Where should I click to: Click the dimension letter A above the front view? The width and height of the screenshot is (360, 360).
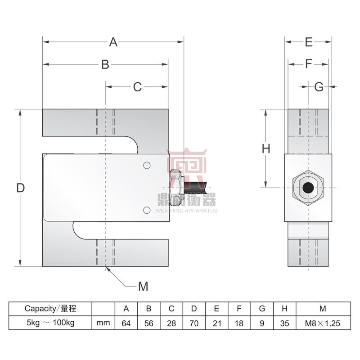[x=113, y=42]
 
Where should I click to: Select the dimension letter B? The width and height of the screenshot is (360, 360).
[x=105, y=65]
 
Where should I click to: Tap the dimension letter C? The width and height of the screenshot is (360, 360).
[x=137, y=87]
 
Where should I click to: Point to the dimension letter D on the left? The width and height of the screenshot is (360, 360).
[x=20, y=188]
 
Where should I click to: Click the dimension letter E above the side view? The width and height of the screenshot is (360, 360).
[x=308, y=42]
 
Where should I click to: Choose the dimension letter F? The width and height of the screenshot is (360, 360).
[x=308, y=64]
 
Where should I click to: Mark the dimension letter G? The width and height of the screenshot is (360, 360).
[x=319, y=87]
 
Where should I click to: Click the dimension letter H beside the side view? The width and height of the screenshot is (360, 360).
[x=266, y=148]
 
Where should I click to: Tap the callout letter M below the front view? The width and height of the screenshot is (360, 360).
[x=143, y=286]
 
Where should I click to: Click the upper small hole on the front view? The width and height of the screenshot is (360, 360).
[x=146, y=166]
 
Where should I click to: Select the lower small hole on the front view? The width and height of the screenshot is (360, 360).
[x=146, y=210]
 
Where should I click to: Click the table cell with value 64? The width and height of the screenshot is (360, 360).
[x=126, y=323]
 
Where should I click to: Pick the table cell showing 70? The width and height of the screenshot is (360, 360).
[x=194, y=323]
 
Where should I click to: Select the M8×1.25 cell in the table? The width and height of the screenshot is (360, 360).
[x=323, y=323]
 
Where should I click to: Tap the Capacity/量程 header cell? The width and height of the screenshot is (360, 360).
[x=50, y=309]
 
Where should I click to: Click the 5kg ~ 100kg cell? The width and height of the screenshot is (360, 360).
[x=50, y=323]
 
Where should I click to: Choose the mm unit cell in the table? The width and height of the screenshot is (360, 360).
[x=103, y=323]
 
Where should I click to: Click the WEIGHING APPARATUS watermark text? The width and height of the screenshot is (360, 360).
[x=186, y=211]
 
